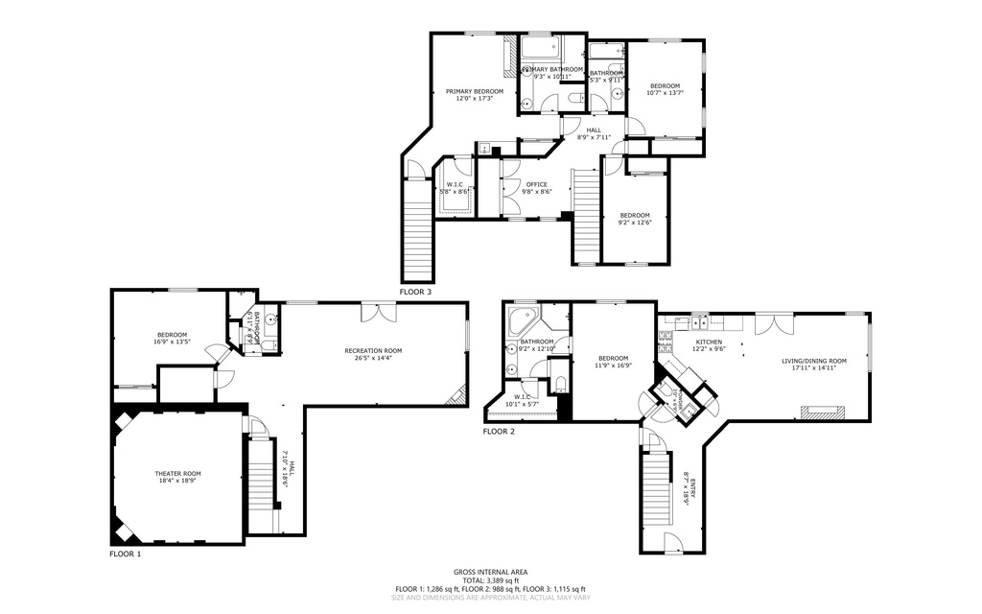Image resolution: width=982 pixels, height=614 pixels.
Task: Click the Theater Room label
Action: tap(178, 473)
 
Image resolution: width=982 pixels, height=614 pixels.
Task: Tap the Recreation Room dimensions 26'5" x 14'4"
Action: tap(373, 359)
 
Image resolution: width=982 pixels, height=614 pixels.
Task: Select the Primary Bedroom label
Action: tap(474, 91)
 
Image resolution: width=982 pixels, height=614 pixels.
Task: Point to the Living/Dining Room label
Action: tap(814, 361)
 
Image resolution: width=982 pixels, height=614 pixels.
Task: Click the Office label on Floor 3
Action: tap(536, 183)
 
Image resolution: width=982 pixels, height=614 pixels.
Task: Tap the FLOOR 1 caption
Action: tap(125, 555)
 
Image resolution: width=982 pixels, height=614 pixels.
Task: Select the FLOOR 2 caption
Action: tap(499, 432)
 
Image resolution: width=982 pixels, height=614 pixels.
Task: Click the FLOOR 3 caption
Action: tap(415, 291)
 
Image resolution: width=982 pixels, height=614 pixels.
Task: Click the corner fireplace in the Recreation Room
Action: tap(460, 393)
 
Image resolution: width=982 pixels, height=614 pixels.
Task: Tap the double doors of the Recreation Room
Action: tap(377, 313)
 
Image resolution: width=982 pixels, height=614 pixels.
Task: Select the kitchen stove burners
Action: tap(667, 337)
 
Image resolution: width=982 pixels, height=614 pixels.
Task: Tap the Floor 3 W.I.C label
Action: tap(453, 184)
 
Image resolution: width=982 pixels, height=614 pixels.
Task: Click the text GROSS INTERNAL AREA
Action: tap(490, 571)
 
